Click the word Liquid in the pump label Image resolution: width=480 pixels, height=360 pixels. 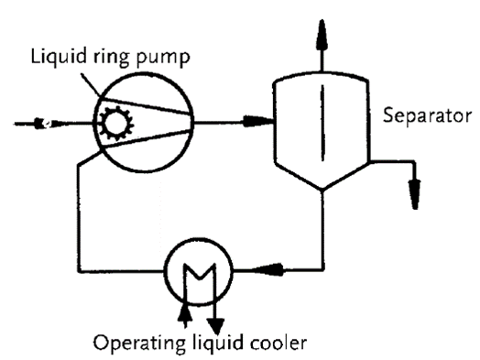click(58, 57)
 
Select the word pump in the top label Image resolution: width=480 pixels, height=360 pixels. click(162, 59)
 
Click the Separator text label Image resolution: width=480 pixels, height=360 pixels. click(427, 116)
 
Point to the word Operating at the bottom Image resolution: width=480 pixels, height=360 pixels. click(139, 344)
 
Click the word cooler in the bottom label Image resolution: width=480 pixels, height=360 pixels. click(278, 343)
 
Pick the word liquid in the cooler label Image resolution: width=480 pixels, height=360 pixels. click(218, 343)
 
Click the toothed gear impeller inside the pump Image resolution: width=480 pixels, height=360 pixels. click(115, 123)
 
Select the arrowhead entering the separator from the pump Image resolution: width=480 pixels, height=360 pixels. click(257, 121)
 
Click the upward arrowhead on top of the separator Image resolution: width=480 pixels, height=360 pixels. click(322, 34)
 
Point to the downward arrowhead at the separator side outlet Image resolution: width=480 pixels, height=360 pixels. click(415, 195)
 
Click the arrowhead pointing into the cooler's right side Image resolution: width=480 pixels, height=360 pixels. click(267, 269)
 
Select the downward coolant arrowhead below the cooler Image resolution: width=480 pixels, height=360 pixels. click(216, 326)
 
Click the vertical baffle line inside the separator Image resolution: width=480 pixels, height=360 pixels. click(322, 123)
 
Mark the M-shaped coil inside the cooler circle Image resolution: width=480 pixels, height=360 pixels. click(200, 272)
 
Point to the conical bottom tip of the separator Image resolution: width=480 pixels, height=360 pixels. click(322, 190)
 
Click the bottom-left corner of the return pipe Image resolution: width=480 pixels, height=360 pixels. click(79, 271)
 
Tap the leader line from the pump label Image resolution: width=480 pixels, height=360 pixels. click(91, 85)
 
